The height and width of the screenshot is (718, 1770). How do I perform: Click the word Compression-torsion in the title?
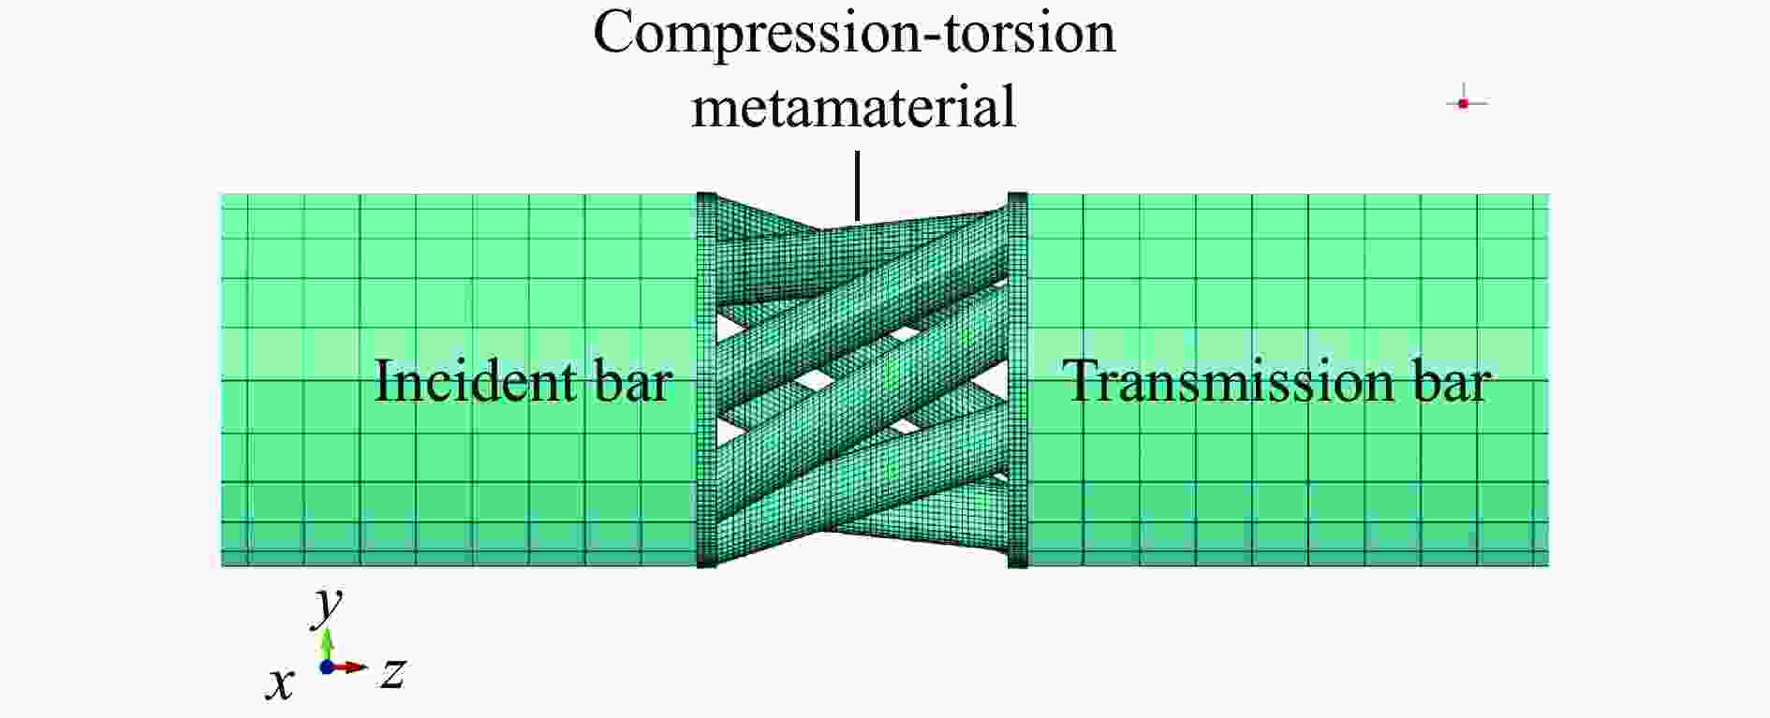(x=854, y=33)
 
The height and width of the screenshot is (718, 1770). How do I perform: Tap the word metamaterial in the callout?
(x=854, y=106)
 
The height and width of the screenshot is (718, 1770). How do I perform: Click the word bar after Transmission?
(x=1452, y=382)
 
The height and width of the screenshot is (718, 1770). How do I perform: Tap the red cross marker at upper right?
(x=1464, y=103)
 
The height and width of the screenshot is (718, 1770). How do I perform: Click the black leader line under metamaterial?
(x=857, y=187)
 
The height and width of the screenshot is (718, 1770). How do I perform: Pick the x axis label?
(x=279, y=684)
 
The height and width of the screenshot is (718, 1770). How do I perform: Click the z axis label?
(x=393, y=672)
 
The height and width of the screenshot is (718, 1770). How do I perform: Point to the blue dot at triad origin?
(x=327, y=667)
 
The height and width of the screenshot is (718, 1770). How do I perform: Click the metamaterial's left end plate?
(x=706, y=379)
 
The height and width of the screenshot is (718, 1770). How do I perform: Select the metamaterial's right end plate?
(x=1018, y=379)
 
